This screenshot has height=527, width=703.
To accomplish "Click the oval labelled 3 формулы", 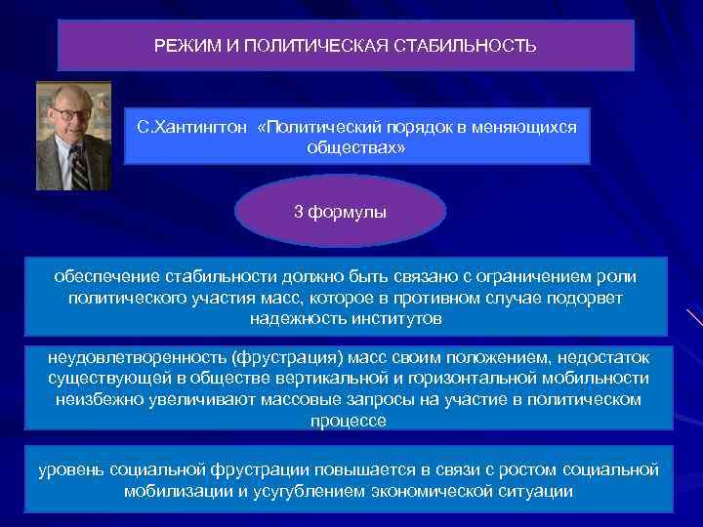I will [341, 211].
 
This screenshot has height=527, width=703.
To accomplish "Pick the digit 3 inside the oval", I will [300, 211].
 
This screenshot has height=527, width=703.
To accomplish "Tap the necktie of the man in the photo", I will [78, 166].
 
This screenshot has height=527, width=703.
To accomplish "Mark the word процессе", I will [348, 421].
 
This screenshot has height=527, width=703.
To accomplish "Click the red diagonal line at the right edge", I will [694, 318].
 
